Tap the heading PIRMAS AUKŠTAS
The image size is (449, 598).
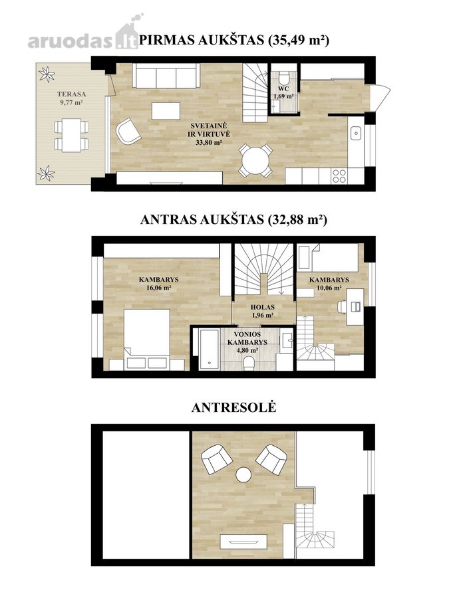point(202,40)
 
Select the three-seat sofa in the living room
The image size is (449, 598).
point(166,76)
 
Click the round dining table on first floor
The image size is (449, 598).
point(256,160)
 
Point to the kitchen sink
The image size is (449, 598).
point(356,133)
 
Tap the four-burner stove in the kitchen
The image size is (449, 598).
point(339,176)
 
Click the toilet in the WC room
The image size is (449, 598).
point(283,78)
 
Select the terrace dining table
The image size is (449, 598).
point(71,136)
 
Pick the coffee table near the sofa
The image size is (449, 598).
point(166,110)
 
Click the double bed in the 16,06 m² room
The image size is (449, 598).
point(147,339)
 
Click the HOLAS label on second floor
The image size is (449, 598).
point(263,307)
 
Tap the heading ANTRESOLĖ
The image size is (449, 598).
point(233,407)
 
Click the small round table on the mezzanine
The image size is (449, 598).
point(243,474)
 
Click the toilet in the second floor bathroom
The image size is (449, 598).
point(249,364)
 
